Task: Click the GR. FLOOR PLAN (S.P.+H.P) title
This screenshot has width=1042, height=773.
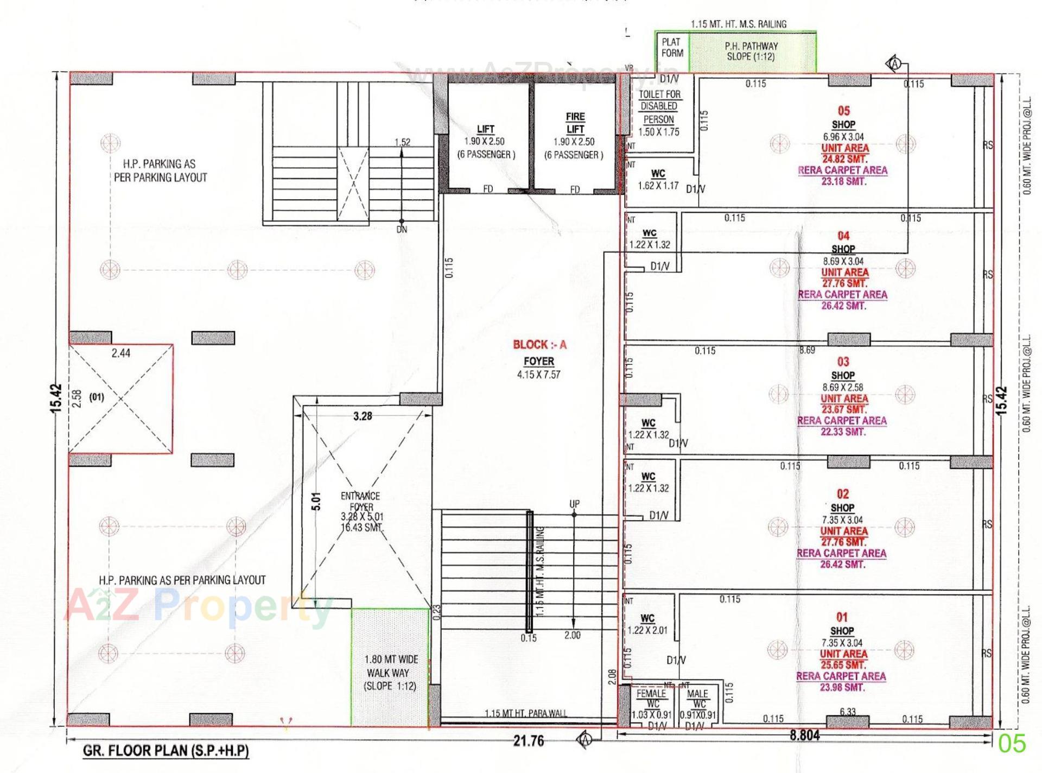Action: pyautogui.click(x=166, y=751)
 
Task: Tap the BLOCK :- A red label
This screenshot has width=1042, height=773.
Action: pyautogui.click(x=539, y=345)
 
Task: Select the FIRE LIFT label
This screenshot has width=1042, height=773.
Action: pyautogui.click(x=575, y=123)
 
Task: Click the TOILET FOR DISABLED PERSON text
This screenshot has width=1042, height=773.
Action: pyautogui.click(x=659, y=107)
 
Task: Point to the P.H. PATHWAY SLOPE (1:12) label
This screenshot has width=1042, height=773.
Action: pyautogui.click(x=751, y=52)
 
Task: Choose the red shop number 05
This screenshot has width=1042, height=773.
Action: pyautogui.click(x=843, y=111)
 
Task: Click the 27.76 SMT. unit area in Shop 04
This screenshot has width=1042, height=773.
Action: pyautogui.click(x=844, y=283)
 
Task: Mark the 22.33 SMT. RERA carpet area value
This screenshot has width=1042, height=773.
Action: pyautogui.click(x=843, y=432)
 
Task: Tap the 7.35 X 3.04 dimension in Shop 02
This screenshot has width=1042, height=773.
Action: pyautogui.click(x=842, y=520)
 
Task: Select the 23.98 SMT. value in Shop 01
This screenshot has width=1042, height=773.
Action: pyautogui.click(x=842, y=687)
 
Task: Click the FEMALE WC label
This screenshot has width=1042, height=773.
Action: pyautogui.click(x=651, y=698)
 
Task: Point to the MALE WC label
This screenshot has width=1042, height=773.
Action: pyautogui.click(x=697, y=698)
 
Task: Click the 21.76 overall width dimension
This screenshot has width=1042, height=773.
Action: pyautogui.click(x=528, y=741)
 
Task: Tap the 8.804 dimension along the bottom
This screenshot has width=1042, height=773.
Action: pyautogui.click(x=805, y=736)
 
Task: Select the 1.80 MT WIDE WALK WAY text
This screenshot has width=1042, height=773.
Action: pyautogui.click(x=391, y=673)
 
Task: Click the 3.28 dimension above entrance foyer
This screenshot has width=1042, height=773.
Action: pyautogui.click(x=363, y=416)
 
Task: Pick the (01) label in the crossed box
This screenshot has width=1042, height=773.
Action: pyautogui.click(x=97, y=397)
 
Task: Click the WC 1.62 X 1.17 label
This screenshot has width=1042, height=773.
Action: pyautogui.click(x=658, y=180)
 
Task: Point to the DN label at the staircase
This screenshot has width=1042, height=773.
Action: pyautogui.click(x=402, y=230)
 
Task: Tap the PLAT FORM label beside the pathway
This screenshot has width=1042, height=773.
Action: pyautogui.click(x=672, y=48)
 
